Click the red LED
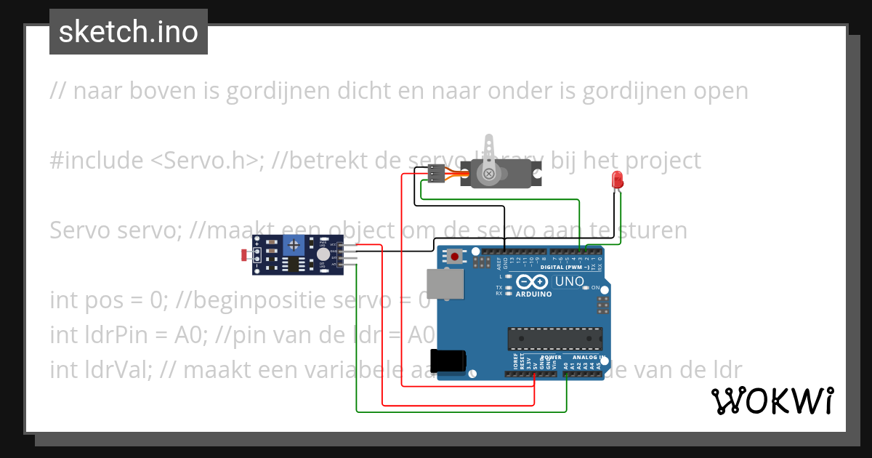point(618,180)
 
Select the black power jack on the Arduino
point(447,361)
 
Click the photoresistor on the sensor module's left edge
point(245,254)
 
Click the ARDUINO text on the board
point(534,294)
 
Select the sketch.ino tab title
point(129,32)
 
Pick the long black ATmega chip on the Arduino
point(554,338)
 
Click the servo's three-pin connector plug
point(436,174)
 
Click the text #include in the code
point(97,161)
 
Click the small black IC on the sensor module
point(293,265)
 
